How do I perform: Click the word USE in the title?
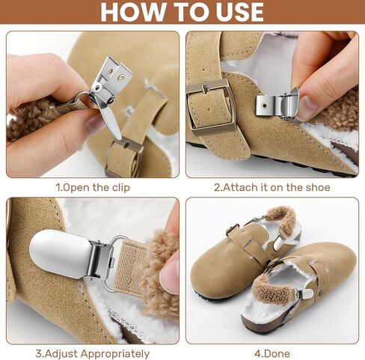(239, 12)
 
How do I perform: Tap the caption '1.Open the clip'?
(93, 188)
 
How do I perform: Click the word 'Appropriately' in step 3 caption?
(115, 354)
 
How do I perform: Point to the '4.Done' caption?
(272, 354)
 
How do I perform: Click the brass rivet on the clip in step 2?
(264, 106)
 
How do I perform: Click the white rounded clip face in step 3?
(59, 252)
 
